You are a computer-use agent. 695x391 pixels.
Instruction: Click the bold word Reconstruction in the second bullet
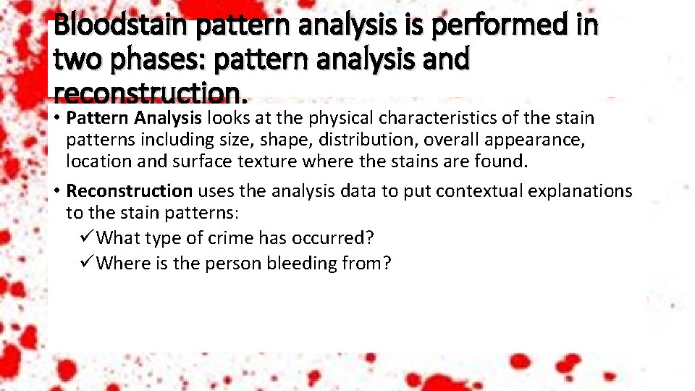129,191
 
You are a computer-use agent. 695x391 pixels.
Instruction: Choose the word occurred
336,237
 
